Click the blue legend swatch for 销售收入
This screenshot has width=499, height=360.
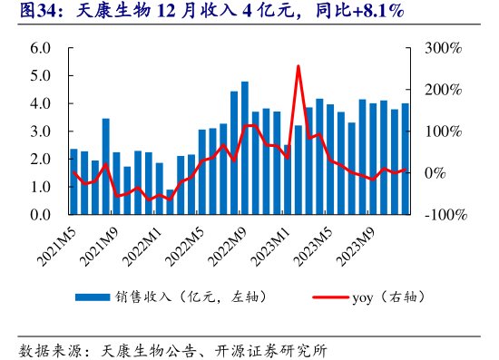[93, 297]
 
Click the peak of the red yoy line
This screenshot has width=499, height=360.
[298, 66]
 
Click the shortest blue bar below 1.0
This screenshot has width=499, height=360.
[170, 202]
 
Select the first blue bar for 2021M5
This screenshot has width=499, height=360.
[74, 181]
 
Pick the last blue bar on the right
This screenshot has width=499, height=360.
[405, 159]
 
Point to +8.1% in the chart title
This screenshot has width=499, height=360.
[373, 13]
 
